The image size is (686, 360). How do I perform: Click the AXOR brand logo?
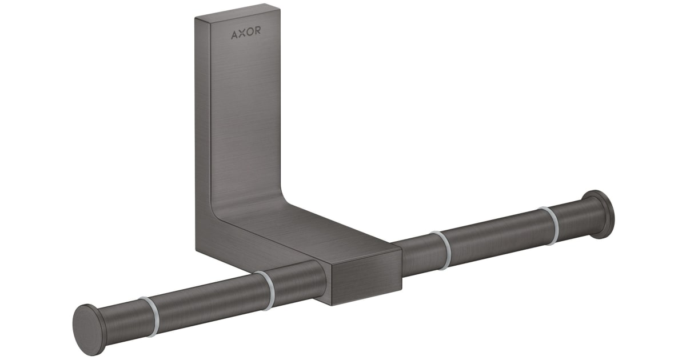point(246,33)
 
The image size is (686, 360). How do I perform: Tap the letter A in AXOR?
point(234,33)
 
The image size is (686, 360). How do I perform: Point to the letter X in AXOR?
point(242,33)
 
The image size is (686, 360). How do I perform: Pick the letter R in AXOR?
point(257,33)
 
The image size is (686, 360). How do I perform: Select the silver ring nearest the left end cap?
point(148,316)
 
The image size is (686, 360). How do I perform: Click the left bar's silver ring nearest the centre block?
point(266,290)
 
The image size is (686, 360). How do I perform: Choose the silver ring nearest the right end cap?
point(550,226)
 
